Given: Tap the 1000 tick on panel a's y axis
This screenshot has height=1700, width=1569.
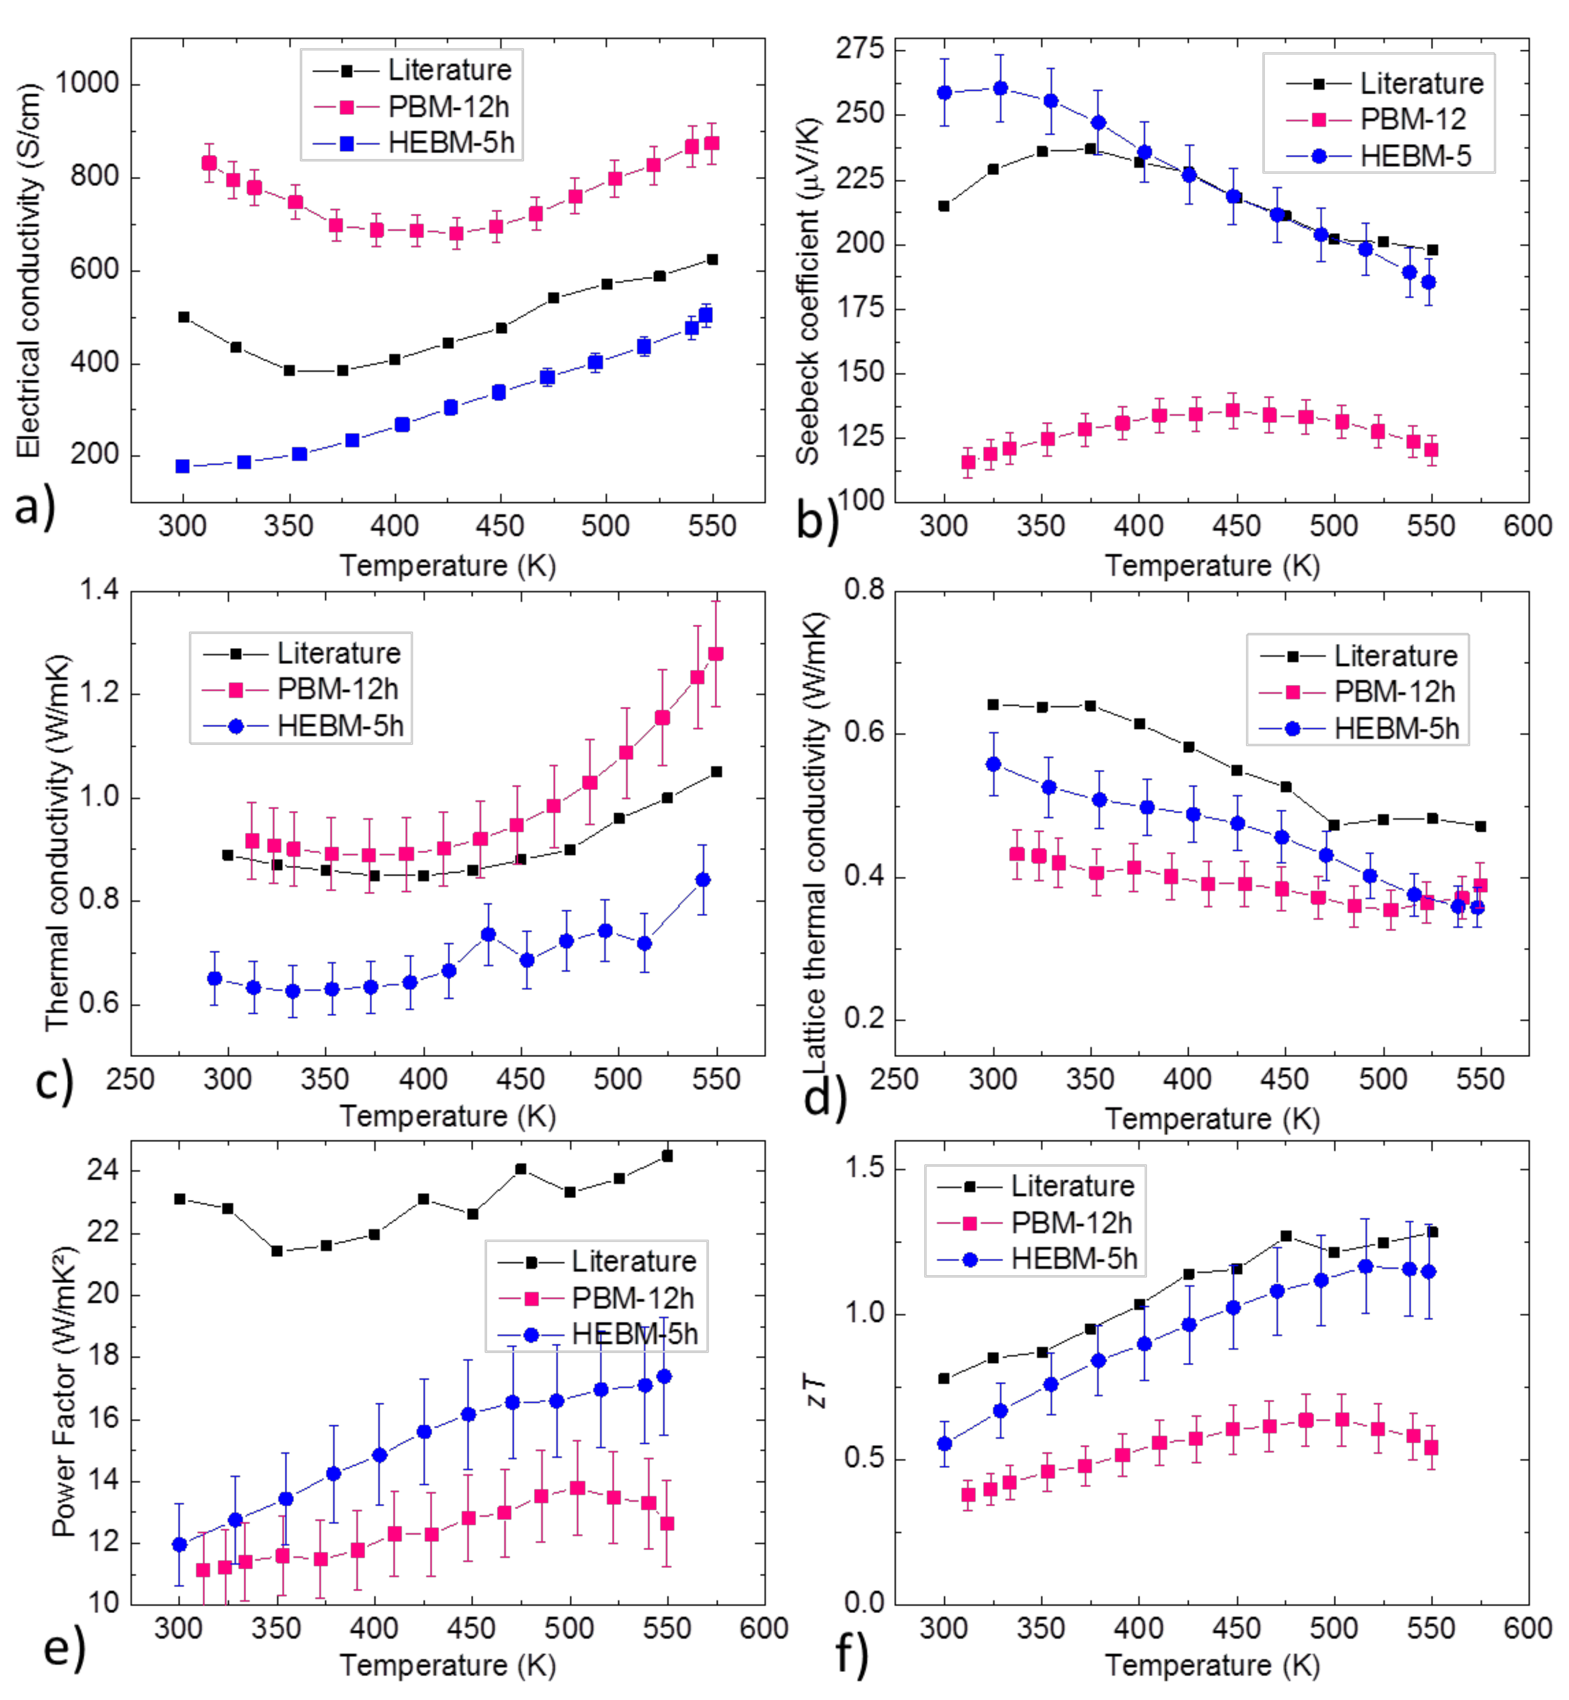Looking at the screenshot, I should [x=87, y=84].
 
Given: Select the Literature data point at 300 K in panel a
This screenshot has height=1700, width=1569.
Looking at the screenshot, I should [x=183, y=317].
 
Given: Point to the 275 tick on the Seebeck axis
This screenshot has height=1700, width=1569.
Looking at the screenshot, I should [x=859, y=49].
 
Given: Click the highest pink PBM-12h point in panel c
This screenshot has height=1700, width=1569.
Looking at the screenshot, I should [x=716, y=654].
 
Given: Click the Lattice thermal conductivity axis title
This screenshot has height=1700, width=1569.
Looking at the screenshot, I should [x=815, y=840].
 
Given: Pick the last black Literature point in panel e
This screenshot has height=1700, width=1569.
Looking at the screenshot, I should [x=668, y=1156].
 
